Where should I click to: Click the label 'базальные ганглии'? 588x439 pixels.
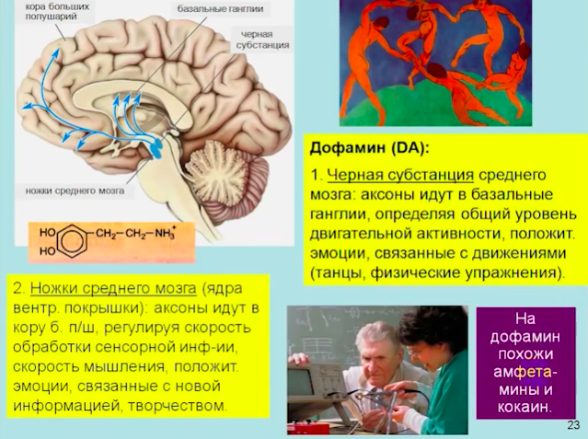coord(220,8)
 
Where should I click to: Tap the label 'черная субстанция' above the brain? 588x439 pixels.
coord(262,40)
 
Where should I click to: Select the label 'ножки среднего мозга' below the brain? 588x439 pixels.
coord(75,191)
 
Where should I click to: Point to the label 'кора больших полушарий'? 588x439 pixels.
coord(57,12)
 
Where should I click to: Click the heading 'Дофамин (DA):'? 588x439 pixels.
coord(369,148)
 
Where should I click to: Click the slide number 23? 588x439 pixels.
coord(574,425)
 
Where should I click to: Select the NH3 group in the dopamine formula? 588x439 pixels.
coord(165,233)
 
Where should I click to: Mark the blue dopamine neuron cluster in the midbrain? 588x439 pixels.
coord(156,145)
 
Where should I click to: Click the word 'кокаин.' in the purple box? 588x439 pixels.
coord(525,407)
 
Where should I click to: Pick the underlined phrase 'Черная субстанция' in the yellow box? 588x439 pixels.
coord(400,175)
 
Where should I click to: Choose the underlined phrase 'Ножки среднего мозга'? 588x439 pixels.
coord(113,289)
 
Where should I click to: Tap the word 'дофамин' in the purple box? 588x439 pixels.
coord(525,337)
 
